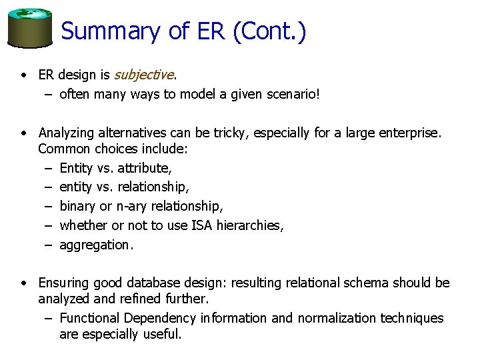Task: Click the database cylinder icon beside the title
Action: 29,29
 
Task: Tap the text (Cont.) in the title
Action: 269,31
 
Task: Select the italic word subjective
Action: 144,75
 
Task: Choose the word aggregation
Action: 96,245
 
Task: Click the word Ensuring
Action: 63,283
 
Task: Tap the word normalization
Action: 338,318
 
